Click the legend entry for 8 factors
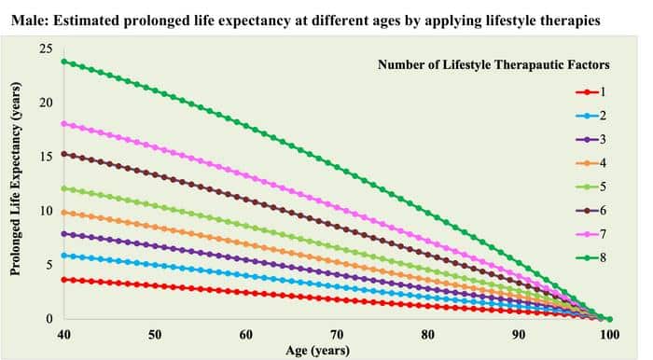590,256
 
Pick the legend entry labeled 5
590,186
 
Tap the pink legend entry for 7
590,232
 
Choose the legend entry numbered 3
590,138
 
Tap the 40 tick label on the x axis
63,335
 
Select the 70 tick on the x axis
337,335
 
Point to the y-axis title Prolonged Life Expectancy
16,184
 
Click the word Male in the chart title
28,18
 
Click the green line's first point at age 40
63,62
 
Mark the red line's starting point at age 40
63,280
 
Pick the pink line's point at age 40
63,123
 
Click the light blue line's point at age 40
63,256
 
